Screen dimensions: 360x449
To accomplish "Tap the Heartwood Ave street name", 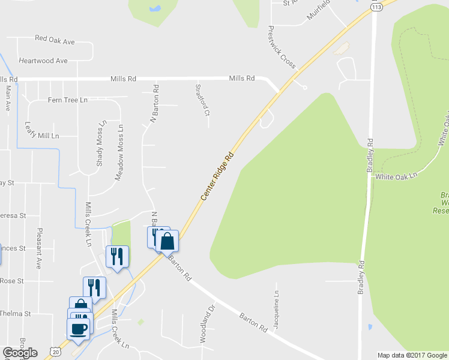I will [43, 61].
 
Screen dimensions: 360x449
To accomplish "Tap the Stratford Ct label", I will [202, 100].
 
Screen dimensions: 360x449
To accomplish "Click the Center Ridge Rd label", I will [217, 176].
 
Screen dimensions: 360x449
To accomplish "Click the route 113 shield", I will [376, 7].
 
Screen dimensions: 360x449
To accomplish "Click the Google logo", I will [20, 353].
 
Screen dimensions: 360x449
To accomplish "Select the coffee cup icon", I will [79, 328].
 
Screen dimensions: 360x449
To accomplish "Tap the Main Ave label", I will [8, 98].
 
